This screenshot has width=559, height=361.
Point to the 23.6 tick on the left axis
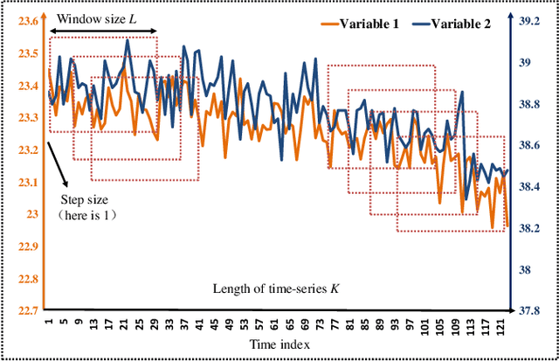(27, 21)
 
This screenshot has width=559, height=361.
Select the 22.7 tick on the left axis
(27, 311)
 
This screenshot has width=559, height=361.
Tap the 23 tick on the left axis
(32, 214)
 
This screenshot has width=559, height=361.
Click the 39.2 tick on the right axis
(533, 21)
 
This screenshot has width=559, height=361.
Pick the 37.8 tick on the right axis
(533, 311)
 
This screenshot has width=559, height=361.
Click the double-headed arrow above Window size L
(103, 34)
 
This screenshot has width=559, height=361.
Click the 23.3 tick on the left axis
(27, 117)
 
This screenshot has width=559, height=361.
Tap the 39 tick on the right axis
(529, 62)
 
